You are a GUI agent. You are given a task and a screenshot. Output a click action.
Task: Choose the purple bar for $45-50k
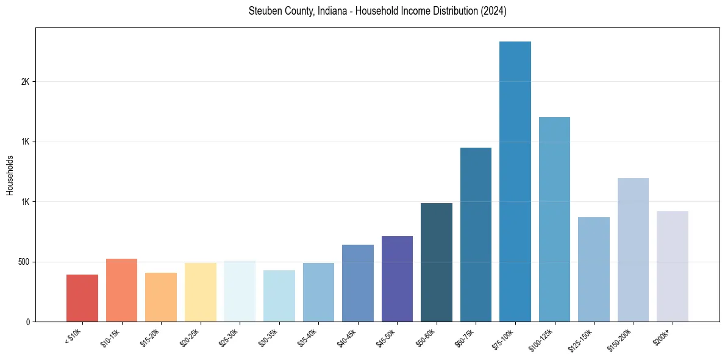[x=397, y=279]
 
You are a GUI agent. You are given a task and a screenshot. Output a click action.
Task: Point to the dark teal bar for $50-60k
[x=437, y=262]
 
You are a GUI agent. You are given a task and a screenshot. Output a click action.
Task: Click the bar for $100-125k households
[x=554, y=219]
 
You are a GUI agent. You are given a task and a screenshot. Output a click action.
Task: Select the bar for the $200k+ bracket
[x=673, y=266]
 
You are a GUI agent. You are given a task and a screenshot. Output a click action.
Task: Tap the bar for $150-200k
[x=633, y=250]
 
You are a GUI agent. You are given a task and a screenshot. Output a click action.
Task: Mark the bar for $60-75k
[x=476, y=234]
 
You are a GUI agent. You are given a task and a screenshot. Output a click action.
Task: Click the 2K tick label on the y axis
[x=25, y=82]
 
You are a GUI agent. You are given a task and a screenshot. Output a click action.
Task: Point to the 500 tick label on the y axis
[x=23, y=262]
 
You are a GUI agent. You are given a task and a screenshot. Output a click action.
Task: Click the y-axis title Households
[x=10, y=175]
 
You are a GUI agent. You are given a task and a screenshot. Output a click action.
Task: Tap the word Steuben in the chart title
[x=264, y=11]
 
